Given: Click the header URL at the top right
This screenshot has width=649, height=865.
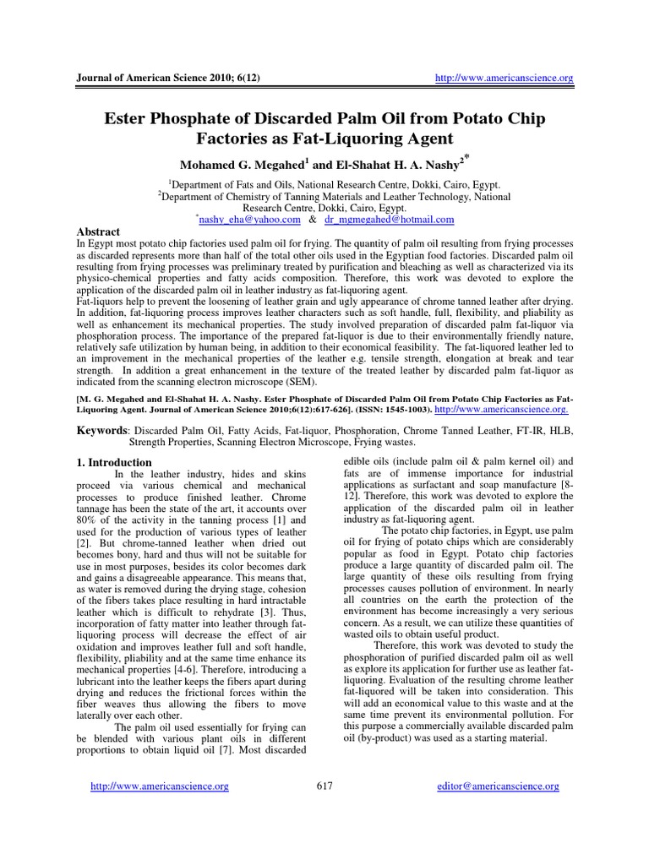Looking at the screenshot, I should [x=503, y=79].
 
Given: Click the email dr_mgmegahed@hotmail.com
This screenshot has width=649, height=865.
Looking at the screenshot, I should [x=389, y=220].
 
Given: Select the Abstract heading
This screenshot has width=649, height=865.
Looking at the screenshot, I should [x=98, y=231].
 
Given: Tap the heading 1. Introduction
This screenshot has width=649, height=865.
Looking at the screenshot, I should [x=114, y=463].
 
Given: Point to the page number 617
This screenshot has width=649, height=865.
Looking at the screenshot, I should [x=324, y=786].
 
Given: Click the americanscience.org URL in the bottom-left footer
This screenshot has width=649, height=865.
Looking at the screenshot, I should [x=160, y=786].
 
